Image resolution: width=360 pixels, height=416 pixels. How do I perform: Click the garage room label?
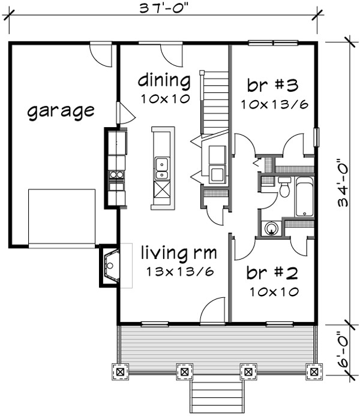pyautogui.click(x=61, y=111)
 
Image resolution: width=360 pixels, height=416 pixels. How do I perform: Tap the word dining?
pyautogui.click(x=164, y=80)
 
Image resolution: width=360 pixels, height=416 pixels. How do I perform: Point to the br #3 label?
pyautogui.click(x=274, y=84)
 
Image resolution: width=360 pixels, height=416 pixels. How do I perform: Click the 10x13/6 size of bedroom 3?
pyautogui.click(x=274, y=104)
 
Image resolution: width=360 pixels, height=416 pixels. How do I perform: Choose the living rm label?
pyautogui.click(x=179, y=252)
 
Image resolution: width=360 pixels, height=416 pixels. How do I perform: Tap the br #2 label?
pyautogui.click(x=273, y=274)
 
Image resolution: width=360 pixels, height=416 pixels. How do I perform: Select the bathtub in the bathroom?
pyautogui.click(x=304, y=196)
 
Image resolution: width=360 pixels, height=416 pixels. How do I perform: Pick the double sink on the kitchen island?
pyautogui.click(x=161, y=168)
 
